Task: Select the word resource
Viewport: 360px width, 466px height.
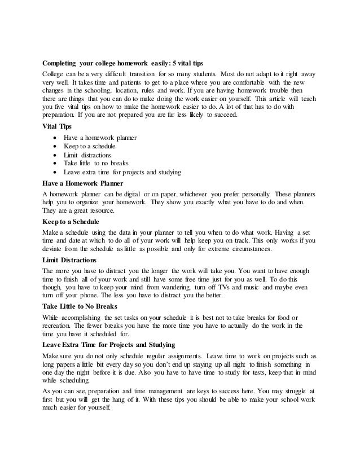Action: click(99, 210)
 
